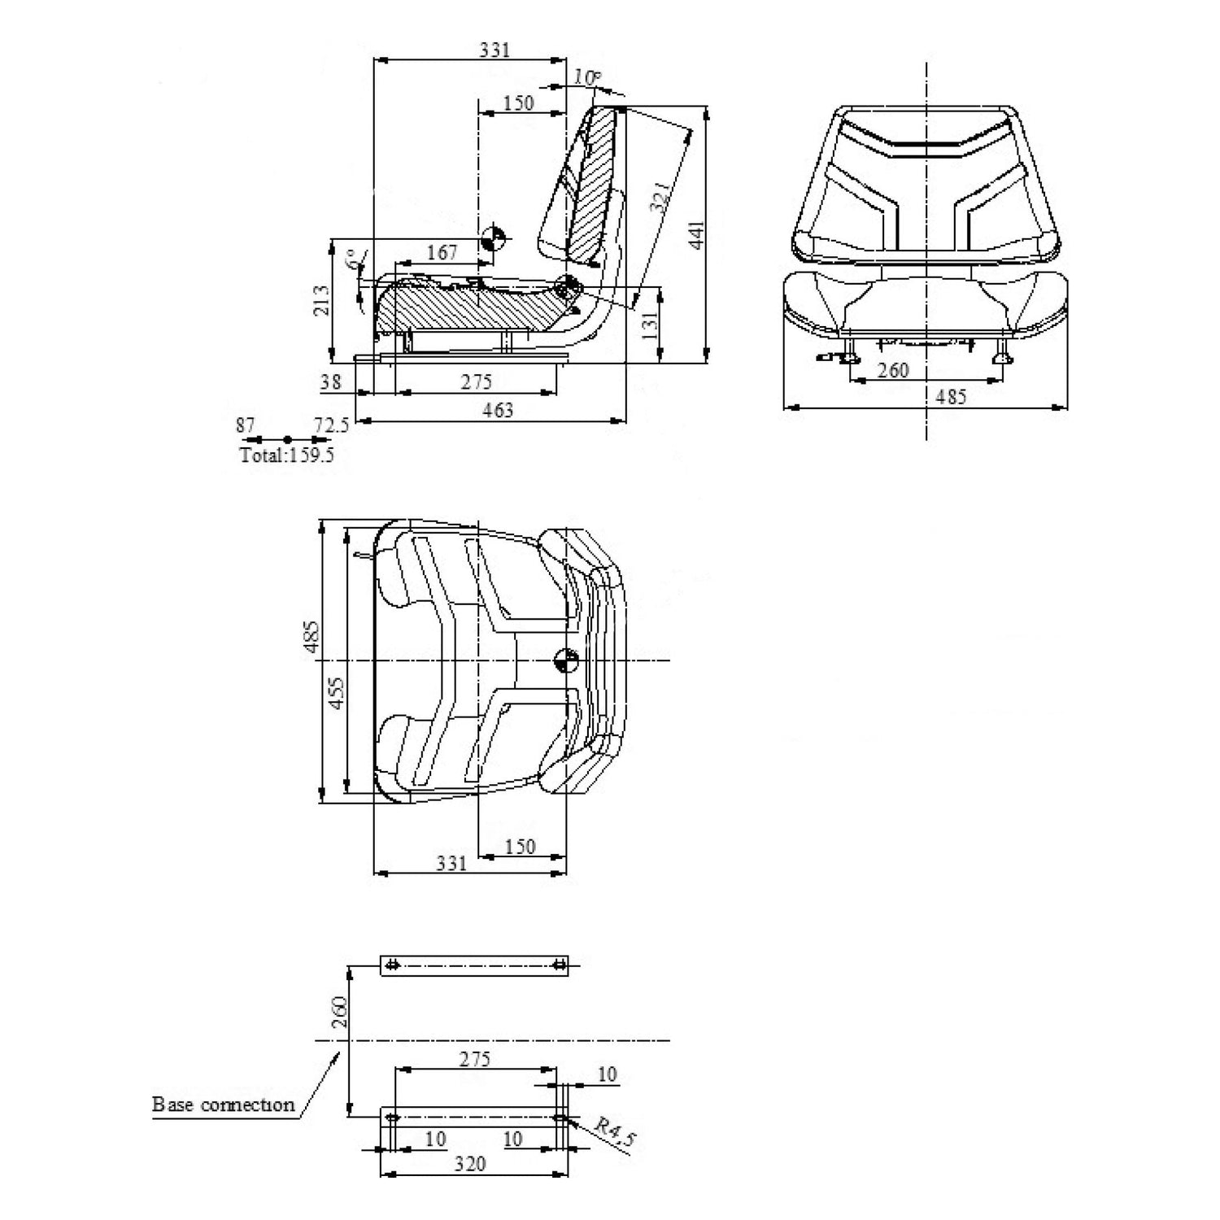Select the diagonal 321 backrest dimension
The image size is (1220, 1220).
pos(661,197)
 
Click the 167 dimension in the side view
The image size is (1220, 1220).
pos(442,253)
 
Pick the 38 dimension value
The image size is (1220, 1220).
pos(330,381)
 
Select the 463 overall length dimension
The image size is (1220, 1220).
pos(497,410)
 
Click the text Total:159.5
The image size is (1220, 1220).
pos(286,455)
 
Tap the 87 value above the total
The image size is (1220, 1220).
pos(246,425)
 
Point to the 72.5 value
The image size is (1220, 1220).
pos(331,425)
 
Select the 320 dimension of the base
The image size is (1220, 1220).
pos(469,1164)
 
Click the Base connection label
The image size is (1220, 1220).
pos(223,1105)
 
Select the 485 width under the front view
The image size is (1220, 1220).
pos(951,396)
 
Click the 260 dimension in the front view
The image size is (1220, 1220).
pos(893,370)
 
